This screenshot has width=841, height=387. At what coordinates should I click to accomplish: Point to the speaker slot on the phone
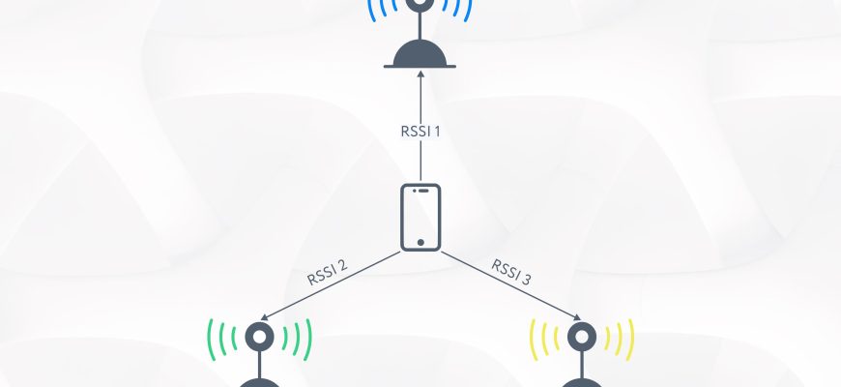pyautogui.click(x=420, y=192)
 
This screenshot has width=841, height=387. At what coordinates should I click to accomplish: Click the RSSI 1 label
pyautogui.click(x=420, y=130)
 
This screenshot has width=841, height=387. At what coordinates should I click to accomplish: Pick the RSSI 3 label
pyautogui.click(x=511, y=272)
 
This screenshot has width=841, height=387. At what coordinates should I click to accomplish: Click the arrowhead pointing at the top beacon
pyautogui.click(x=420, y=77)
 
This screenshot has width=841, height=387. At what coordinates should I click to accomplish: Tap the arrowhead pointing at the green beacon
pyautogui.click(x=265, y=315)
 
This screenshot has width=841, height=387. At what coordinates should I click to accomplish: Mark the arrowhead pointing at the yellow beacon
pyautogui.click(x=577, y=315)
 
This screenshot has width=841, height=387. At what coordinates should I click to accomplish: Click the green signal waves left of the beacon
pyautogui.click(x=218, y=339)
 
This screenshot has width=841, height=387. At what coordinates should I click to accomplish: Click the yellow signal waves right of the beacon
pyautogui.click(x=623, y=339)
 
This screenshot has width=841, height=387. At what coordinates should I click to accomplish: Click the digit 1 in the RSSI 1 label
pyautogui.click(x=437, y=130)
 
